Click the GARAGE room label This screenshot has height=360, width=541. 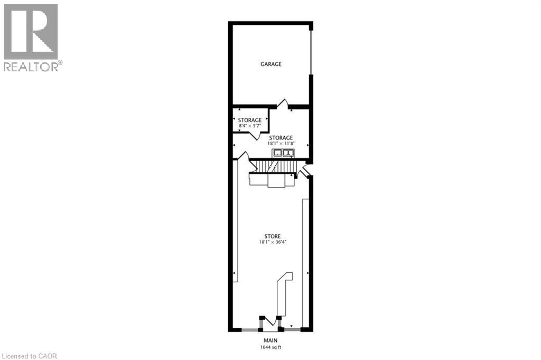271,64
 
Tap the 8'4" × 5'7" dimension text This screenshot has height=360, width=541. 249,126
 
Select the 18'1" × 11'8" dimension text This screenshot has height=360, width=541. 281,143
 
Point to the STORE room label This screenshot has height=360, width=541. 273,236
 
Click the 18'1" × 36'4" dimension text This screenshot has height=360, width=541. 273,242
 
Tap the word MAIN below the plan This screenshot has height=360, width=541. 270,340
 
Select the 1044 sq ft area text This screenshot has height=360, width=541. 270,347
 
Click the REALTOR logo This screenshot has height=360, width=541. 31,37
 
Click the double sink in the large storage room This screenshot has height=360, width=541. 283,153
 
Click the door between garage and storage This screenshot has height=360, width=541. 283,104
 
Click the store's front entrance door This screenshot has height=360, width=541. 271,321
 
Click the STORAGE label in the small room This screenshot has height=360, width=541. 249,120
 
